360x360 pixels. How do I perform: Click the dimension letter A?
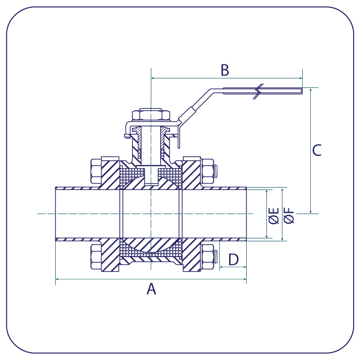[151, 289]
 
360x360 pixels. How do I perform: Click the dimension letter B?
[225, 70]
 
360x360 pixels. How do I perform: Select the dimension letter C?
[317, 150]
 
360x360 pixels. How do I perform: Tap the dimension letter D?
[233, 259]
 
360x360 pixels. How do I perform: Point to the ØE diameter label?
[274, 215]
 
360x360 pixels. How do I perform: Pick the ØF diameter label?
[289, 215]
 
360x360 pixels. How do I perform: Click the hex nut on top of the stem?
[151, 114]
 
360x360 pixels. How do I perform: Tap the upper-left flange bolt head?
[96, 171]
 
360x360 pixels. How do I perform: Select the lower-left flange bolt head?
[96, 256]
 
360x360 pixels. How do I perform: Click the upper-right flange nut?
[207, 171]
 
